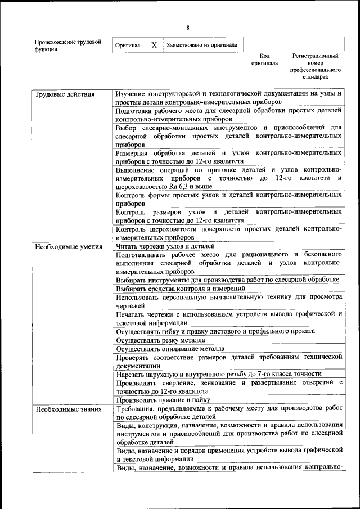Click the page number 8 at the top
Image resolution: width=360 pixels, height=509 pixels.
pos(188,28)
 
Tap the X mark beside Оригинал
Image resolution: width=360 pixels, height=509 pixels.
pos(154,44)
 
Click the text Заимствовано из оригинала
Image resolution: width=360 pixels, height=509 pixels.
pos(201,45)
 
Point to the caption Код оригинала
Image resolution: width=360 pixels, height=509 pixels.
pos(264,60)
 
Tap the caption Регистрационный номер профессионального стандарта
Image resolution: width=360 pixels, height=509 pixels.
pos(315,67)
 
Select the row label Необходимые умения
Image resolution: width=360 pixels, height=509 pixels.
pos(69,246)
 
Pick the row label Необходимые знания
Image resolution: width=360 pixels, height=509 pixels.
pos(69,409)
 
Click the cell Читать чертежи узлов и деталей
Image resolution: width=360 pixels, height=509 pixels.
pos(165,246)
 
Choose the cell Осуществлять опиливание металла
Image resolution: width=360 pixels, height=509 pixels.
pos(166,349)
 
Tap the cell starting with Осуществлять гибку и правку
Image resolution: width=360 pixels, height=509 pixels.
pos(215,331)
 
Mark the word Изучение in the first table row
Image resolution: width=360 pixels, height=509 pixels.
pos(133,93)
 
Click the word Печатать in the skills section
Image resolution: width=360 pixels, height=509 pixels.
pos(131,314)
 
